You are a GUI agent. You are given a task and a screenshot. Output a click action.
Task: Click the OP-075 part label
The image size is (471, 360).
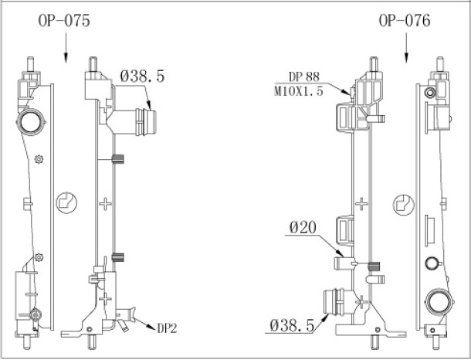click(x=64, y=21)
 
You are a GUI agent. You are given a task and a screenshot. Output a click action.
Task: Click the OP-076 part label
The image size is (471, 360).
click(x=405, y=21)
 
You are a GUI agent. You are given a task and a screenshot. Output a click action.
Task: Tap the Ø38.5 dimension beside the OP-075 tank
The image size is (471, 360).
click(x=143, y=76)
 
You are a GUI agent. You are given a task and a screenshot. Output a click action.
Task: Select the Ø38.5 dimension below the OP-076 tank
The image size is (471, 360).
click(x=293, y=324)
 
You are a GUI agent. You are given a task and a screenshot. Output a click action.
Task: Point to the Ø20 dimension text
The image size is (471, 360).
click(x=303, y=227)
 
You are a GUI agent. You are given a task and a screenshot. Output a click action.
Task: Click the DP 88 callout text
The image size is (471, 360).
click(x=304, y=76)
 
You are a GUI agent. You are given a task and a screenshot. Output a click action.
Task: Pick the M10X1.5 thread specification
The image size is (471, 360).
click(x=299, y=90)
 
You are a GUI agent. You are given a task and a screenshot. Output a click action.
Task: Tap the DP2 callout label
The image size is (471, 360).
click(x=168, y=328)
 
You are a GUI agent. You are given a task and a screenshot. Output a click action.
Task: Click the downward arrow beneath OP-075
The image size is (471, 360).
click(x=66, y=48)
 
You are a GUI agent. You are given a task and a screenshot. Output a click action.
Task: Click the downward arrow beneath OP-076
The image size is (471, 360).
click(x=406, y=48)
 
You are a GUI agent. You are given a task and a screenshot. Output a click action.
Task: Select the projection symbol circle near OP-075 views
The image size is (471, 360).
click(x=66, y=203)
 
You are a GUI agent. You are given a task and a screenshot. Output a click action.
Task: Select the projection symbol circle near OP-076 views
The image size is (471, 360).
click(x=404, y=205)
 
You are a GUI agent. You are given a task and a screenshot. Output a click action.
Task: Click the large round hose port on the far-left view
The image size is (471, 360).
click(x=31, y=122)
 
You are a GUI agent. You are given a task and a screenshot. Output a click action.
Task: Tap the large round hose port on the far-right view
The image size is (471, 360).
click(x=439, y=302)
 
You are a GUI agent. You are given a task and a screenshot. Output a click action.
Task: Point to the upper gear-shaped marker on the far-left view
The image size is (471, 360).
click(x=39, y=159)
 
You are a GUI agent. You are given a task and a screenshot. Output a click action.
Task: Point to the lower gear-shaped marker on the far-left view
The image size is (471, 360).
click(x=39, y=257)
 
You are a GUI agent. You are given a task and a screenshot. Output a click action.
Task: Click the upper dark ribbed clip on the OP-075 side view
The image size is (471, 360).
click(x=118, y=159)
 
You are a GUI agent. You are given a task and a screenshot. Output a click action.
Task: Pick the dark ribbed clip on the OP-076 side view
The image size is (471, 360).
click(x=374, y=267)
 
